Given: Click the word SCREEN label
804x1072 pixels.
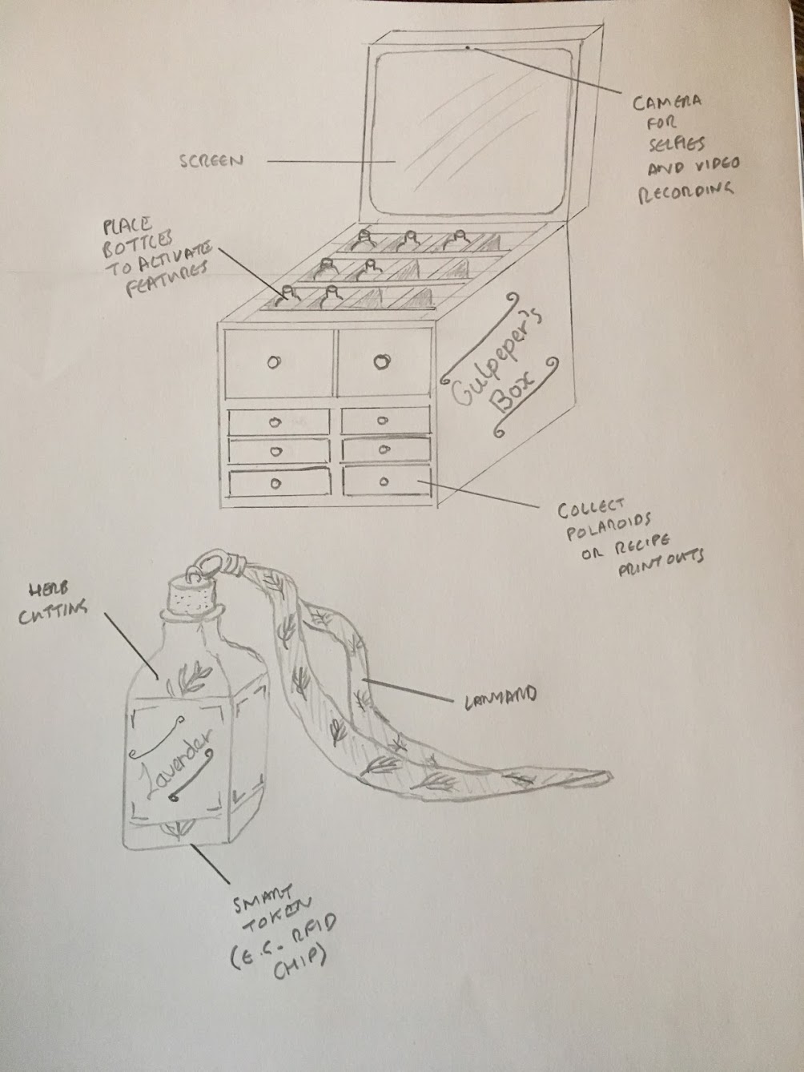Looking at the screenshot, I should [x=211, y=161].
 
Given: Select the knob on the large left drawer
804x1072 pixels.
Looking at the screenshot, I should [x=275, y=362].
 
